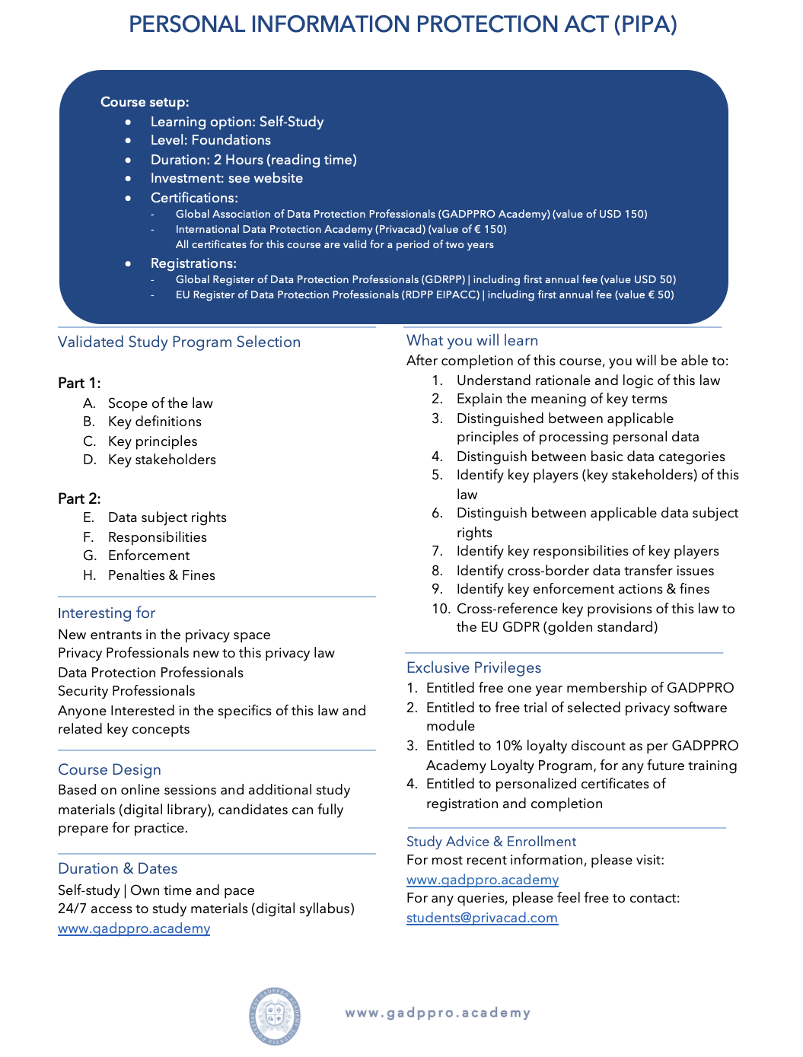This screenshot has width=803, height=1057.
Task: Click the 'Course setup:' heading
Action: (x=145, y=102)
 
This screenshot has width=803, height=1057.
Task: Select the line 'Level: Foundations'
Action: (x=210, y=140)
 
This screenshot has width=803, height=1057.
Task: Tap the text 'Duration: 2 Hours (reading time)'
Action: (x=253, y=160)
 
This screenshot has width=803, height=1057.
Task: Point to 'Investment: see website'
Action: (x=226, y=178)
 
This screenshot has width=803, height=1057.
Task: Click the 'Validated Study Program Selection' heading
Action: (x=179, y=342)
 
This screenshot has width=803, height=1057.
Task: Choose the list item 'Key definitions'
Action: (x=155, y=422)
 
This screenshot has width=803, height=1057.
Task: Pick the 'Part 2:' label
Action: (x=79, y=498)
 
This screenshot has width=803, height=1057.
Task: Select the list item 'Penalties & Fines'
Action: (x=161, y=575)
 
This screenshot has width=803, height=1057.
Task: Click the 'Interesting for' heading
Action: (x=107, y=613)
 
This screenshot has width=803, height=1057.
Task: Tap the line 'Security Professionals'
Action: (x=126, y=691)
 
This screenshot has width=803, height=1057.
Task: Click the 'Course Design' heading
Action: (x=110, y=769)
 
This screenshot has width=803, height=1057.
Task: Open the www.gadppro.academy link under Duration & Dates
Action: (x=134, y=928)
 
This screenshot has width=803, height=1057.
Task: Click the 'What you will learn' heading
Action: (x=472, y=340)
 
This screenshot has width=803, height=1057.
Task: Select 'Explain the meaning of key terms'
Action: (x=562, y=399)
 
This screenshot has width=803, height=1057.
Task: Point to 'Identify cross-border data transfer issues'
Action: (x=585, y=571)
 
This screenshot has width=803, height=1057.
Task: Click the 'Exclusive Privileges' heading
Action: (x=473, y=667)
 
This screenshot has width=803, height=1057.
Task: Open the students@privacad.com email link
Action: (x=482, y=918)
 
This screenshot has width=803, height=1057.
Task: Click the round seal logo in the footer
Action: (x=274, y=1015)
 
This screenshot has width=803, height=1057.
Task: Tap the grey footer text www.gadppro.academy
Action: (x=438, y=1013)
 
